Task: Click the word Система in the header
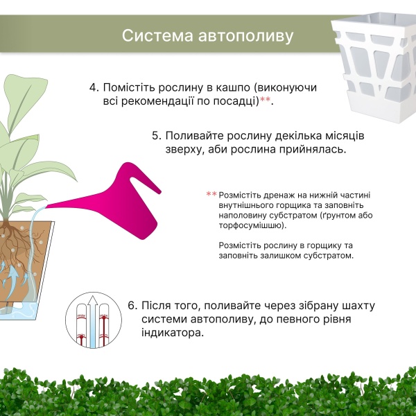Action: point(157,35)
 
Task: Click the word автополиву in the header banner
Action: point(246,36)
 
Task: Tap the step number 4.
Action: point(94,87)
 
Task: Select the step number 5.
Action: point(157,136)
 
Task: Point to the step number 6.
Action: point(132,305)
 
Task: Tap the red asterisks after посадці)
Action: point(266,100)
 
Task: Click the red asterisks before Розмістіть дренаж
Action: point(211,194)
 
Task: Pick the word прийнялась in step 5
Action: point(312,149)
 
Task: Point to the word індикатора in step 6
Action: point(172,333)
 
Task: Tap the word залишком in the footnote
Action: point(281,256)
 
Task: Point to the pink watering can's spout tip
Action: point(46,207)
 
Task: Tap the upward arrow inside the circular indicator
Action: point(93,322)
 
